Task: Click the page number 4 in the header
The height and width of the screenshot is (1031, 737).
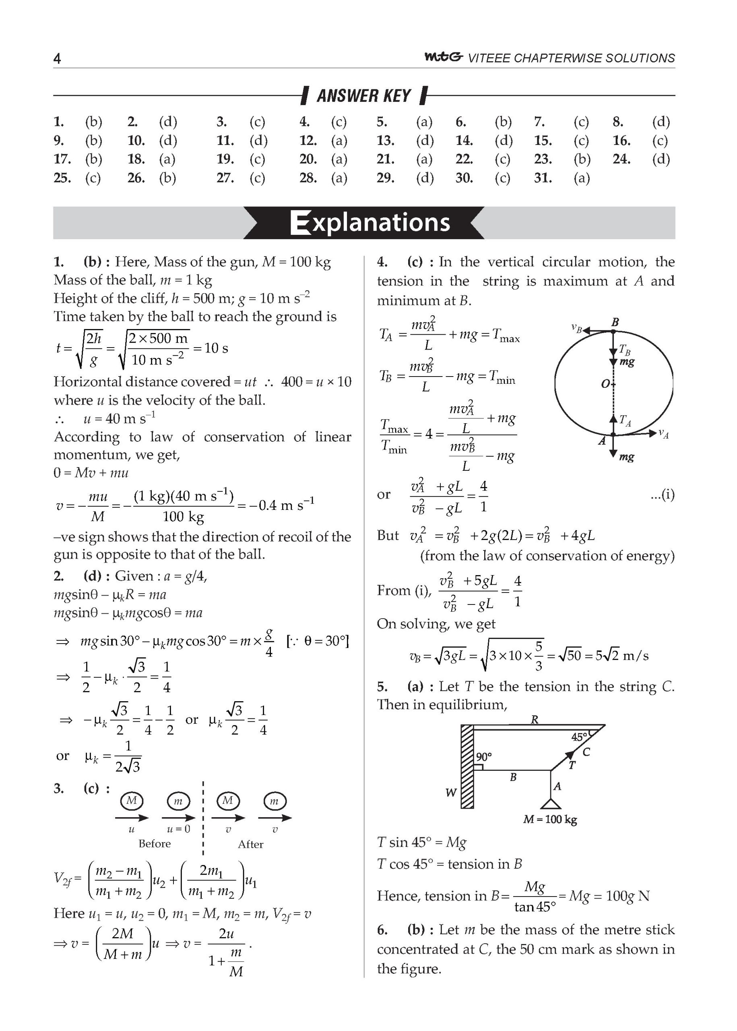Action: click(x=57, y=58)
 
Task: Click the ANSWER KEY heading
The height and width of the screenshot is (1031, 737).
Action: click(x=363, y=96)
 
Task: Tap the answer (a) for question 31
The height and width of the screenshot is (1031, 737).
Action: click(x=581, y=178)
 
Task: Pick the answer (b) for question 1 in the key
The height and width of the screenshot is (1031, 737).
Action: click(x=93, y=122)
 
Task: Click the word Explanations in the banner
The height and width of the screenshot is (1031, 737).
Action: click(x=370, y=222)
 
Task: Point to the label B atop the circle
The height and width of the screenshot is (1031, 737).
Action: click(x=615, y=322)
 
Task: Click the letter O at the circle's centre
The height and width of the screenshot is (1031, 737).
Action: click(x=605, y=384)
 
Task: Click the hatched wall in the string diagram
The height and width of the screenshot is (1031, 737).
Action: click(x=467, y=767)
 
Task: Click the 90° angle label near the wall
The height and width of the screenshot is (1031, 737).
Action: click(x=484, y=757)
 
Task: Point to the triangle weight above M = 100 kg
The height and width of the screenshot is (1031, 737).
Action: click(x=551, y=804)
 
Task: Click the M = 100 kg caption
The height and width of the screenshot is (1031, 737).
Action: click(x=550, y=820)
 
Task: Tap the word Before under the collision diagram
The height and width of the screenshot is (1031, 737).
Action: click(x=155, y=843)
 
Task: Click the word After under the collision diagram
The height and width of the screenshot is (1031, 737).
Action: click(x=250, y=844)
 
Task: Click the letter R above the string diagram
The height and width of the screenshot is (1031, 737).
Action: click(x=535, y=719)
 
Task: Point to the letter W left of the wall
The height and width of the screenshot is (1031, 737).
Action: click(x=451, y=793)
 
